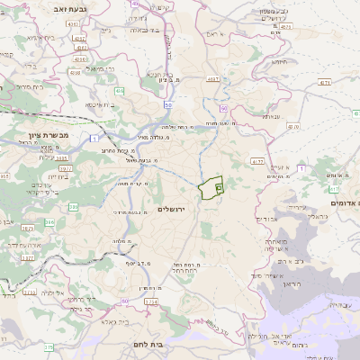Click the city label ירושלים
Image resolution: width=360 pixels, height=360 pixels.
coord(170,209)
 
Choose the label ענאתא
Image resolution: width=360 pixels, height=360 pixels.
coord(272,116)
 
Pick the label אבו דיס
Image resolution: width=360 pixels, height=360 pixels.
coord(269,219)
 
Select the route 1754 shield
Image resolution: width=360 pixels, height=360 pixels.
coord(150,301)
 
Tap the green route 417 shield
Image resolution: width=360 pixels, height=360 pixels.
coord(333,190)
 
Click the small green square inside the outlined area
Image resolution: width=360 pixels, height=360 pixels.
coord(219,186)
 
